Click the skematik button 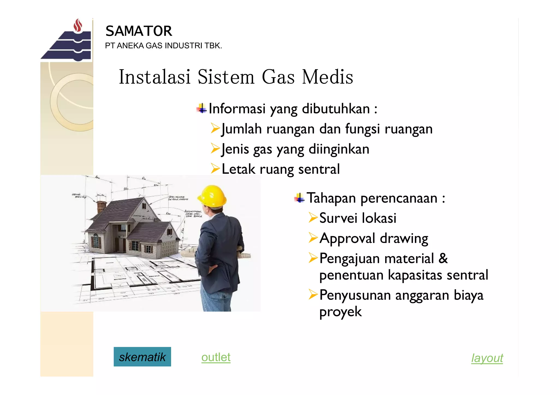click(x=142, y=357)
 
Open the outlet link click(x=216, y=357)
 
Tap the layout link click(x=487, y=358)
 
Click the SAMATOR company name click(x=139, y=31)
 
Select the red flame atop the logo click(x=78, y=26)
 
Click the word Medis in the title click(x=328, y=77)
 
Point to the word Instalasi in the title click(x=154, y=77)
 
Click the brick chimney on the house click(x=101, y=207)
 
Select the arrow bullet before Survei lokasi click(x=313, y=218)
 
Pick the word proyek click(x=340, y=312)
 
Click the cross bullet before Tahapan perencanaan click(x=299, y=198)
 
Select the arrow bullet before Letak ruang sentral click(x=215, y=169)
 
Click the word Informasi click(x=237, y=109)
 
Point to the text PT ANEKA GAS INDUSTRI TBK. click(x=163, y=46)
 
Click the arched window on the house click(x=96, y=240)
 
